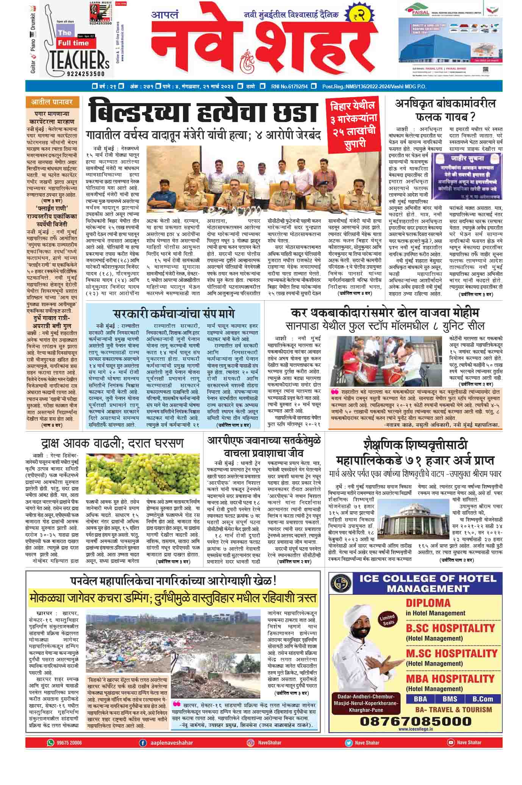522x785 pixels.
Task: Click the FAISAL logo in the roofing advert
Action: [x=417, y=11]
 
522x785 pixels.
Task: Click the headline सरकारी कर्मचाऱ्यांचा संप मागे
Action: [x=174, y=314]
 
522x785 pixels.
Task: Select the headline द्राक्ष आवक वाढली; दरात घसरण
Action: [x=113, y=443]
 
